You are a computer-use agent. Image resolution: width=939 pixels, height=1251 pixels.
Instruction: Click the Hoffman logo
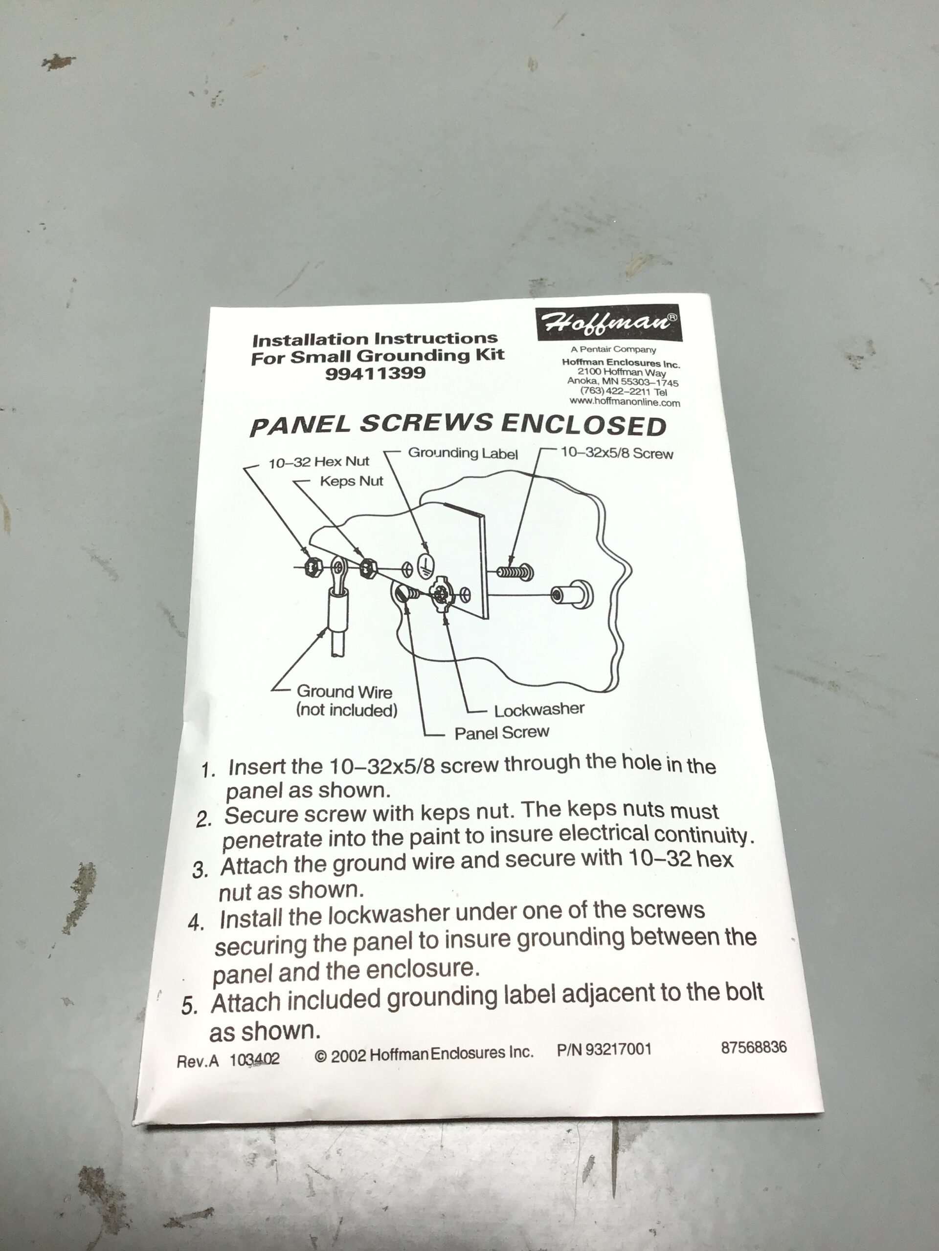pyautogui.click(x=609, y=323)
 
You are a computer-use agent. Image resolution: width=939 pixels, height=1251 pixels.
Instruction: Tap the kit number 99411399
pyautogui.click(x=375, y=374)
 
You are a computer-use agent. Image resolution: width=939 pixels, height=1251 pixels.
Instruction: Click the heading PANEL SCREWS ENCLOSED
pyautogui.click(x=458, y=425)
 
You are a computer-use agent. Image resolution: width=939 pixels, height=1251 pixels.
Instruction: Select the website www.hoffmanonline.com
pyautogui.click(x=625, y=402)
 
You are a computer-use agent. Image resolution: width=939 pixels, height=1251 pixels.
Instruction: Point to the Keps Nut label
pyautogui.click(x=352, y=481)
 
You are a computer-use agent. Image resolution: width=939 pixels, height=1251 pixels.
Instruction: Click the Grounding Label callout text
pyautogui.click(x=463, y=453)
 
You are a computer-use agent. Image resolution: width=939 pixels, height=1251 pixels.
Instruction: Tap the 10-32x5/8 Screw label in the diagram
pyautogui.click(x=617, y=453)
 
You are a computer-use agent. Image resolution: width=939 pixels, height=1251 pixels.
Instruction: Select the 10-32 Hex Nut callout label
pyautogui.click(x=319, y=462)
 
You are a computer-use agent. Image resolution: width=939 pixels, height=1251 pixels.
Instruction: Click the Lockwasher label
pyautogui.click(x=539, y=710)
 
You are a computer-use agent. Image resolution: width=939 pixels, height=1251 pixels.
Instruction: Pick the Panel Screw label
pyautogui.click(x=501, y=733)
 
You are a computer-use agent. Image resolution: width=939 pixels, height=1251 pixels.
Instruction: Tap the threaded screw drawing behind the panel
pyautogui.click(x=514, y=572)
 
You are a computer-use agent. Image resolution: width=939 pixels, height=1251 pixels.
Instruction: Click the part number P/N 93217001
pyautogui.click(x=604, y=1050)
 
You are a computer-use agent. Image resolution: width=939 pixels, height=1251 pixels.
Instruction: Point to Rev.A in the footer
pyautogui.click(x=198, y=1061)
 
